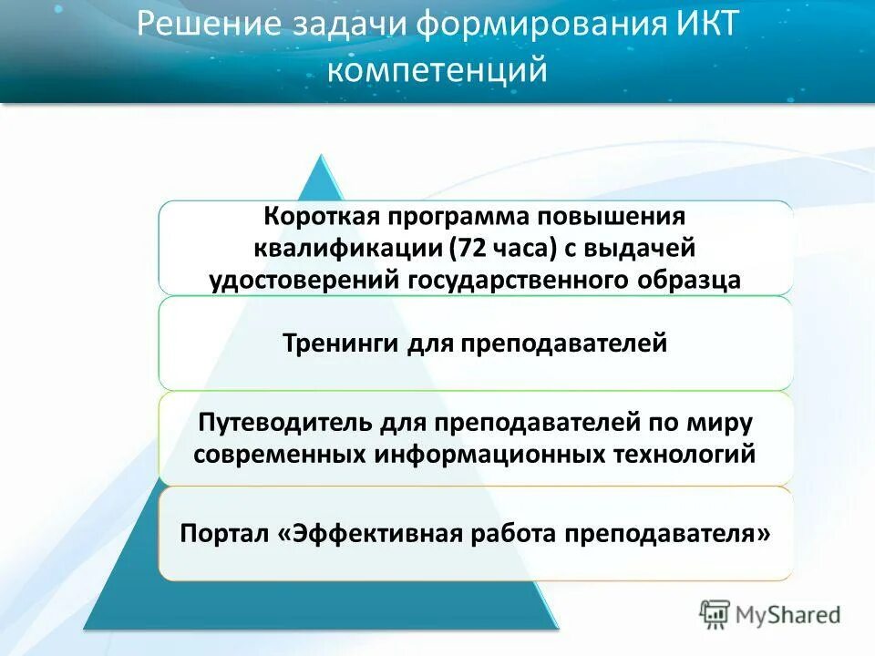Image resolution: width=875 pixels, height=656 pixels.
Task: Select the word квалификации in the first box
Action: pyautogui.click(x=345, y=248)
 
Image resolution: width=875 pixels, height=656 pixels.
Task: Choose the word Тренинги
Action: pyautogui.click(x=337, y=344)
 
